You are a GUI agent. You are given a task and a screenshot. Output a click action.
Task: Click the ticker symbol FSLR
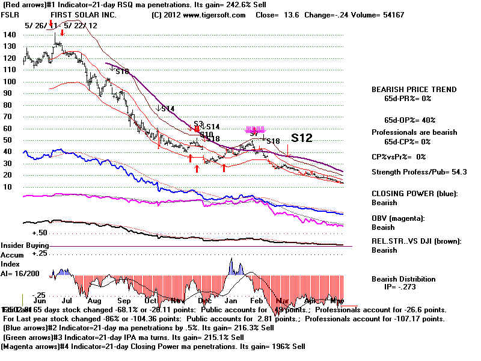tap(10, 14)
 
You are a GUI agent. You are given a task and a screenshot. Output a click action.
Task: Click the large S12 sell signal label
tap(301, 138)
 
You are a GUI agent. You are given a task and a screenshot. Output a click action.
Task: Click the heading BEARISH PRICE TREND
tap(414, 90)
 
